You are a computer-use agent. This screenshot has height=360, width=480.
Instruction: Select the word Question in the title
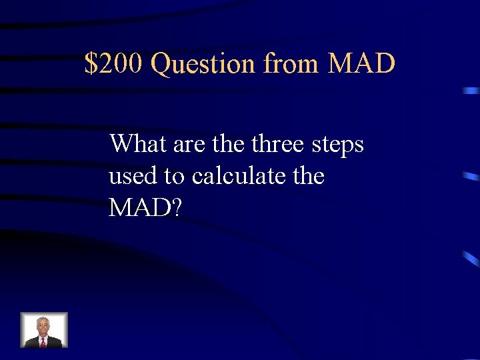(203, 65)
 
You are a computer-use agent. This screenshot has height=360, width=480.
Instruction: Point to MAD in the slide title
(362, 64)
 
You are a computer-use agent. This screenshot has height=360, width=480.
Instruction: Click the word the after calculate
(307, 177)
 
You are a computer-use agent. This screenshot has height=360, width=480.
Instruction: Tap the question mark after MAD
(175, 208)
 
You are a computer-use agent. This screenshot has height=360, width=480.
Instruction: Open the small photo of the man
(44, 330)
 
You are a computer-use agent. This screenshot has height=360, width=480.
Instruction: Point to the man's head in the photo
(44, 324)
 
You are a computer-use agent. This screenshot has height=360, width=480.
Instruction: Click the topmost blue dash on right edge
(471, 91)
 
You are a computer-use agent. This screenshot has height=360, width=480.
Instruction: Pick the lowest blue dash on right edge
(471, 259)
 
